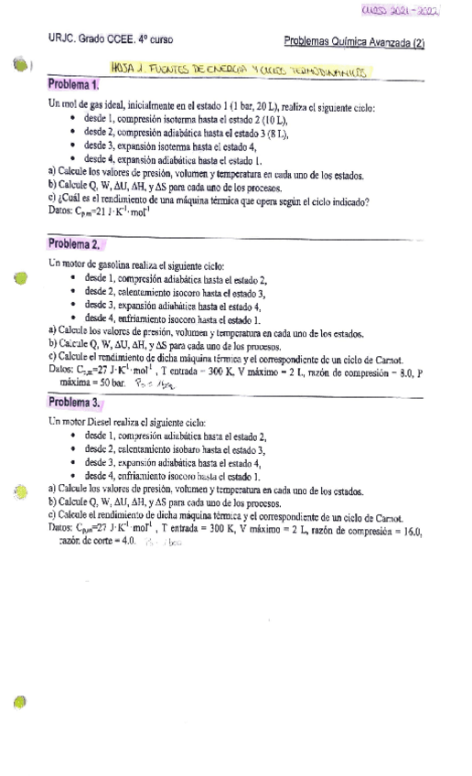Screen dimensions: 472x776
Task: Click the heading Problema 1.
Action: (x=72, y=84)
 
